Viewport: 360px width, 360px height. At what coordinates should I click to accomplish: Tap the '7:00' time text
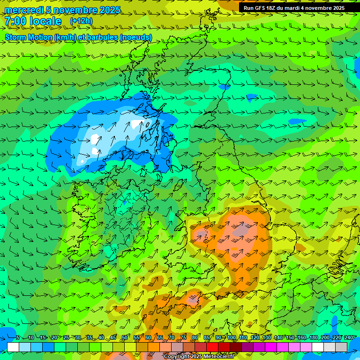15,21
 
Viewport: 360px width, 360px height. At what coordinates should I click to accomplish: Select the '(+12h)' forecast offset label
81,21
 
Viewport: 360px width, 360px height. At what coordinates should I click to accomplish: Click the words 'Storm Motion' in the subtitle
28,37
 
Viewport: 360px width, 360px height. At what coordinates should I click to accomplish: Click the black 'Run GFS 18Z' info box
294,8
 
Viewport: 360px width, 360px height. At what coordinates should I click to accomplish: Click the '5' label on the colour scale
18,338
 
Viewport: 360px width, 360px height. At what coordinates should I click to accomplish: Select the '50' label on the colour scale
124,338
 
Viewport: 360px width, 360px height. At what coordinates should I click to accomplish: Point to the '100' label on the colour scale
232,338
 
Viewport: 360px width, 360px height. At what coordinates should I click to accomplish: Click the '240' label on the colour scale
349,338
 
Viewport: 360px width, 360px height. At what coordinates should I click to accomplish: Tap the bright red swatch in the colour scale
212,347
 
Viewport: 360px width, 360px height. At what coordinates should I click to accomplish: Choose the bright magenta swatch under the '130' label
271,347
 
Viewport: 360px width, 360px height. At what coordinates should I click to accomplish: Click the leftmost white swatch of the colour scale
13,347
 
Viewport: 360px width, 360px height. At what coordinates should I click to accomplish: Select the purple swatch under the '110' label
247,347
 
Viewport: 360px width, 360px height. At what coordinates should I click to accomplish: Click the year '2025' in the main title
109,10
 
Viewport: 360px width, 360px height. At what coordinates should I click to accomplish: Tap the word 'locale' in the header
45,21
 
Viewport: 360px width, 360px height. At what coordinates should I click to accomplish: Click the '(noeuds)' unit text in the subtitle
136,37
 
